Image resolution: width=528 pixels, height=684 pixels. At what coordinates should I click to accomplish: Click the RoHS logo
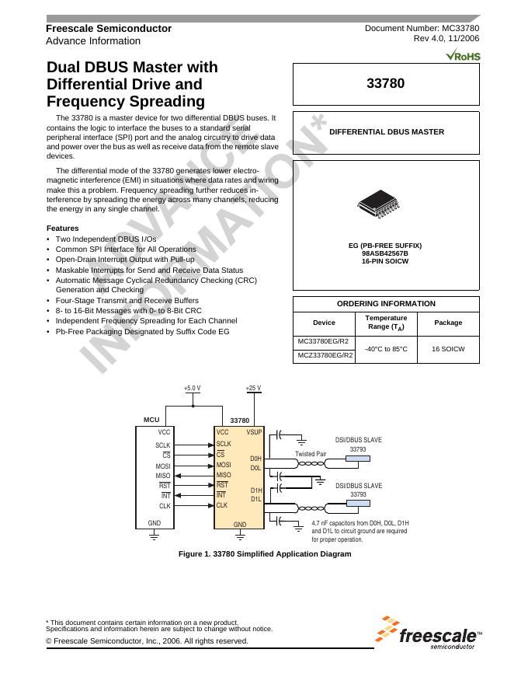tap(464, 56)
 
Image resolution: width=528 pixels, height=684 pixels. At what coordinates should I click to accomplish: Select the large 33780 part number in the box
tap(385, 83)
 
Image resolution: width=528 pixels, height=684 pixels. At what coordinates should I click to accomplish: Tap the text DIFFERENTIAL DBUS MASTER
tap(387, 132)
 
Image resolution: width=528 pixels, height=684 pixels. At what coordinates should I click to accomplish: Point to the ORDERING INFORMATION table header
tap(386, 304)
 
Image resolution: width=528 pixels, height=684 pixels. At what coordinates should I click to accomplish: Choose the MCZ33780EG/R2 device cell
tap(324, 356)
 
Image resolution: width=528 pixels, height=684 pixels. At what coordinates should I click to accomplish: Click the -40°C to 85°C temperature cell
tap(386, 349)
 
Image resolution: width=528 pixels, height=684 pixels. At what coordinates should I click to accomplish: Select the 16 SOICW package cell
tap(448, 349)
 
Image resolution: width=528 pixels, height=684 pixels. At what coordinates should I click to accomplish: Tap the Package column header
tap(448, 323)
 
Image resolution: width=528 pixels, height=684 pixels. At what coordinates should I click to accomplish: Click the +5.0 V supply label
tap(193, 388)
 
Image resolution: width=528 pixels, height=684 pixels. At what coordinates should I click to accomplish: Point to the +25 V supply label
tap(253, 388)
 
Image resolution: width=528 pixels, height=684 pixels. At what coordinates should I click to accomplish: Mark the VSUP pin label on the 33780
tap(255, 432)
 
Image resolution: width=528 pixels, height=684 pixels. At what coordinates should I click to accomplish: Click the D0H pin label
tap(256, 459)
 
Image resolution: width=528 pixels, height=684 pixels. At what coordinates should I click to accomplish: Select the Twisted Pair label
tap(311, 454)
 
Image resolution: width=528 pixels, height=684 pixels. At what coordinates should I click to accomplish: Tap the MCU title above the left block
tap(151, 420)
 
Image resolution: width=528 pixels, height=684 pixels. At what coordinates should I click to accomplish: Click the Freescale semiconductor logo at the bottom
tap(429, 633)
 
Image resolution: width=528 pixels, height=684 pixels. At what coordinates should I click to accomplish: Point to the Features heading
tap(62, 228)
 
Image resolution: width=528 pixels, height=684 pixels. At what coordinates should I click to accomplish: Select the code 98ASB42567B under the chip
tap(385, 253)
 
